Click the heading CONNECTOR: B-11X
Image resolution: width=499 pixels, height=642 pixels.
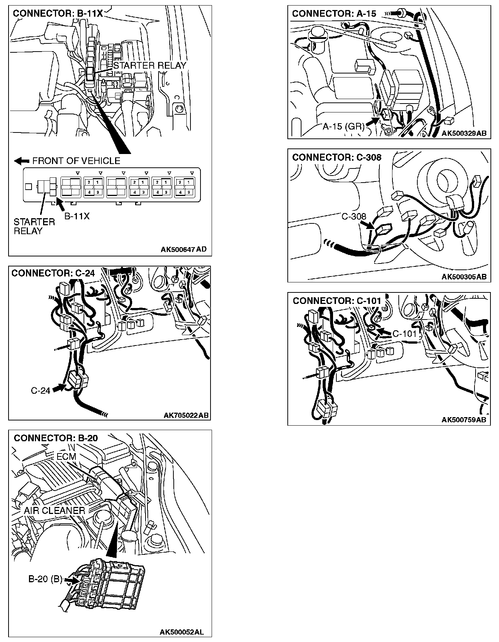point(58,14)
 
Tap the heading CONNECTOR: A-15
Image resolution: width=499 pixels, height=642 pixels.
point(334,14)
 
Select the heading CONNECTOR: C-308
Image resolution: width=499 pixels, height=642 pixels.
point(337,157)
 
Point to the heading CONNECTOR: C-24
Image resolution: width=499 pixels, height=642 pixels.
point(53,273)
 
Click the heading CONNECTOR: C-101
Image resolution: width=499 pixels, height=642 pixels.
point(337,301)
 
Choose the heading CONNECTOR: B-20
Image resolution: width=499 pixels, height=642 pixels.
point(56,438)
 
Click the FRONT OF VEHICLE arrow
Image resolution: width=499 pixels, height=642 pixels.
point(22,161)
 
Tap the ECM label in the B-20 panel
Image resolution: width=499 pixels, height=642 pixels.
point(66,456)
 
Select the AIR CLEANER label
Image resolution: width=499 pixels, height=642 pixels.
point(55,510)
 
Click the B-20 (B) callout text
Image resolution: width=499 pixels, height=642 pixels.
point(45,579)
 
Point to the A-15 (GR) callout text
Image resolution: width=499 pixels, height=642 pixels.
point(344,127)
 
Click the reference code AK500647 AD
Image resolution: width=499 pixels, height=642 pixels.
point(183,249)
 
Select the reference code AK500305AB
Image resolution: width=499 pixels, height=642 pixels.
point(464,277)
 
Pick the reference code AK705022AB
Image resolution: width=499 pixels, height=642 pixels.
point(186,415)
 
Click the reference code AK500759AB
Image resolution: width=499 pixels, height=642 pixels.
point(464,420)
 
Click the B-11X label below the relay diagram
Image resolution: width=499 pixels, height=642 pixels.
point(77,216)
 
